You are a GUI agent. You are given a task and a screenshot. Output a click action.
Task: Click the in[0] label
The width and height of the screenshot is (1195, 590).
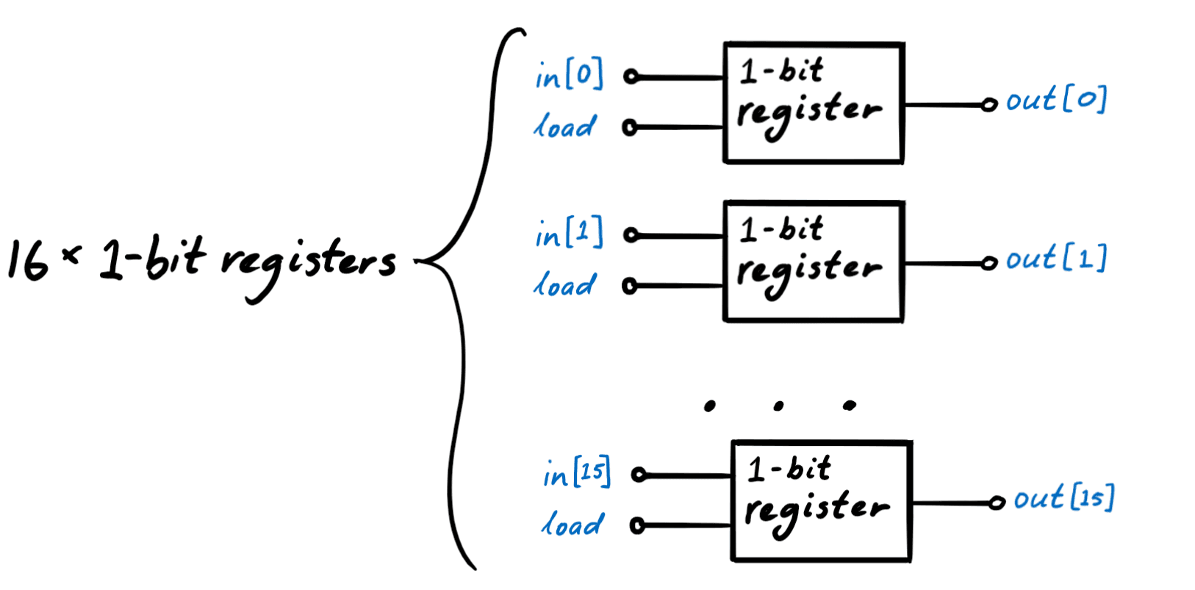tap(569, 75)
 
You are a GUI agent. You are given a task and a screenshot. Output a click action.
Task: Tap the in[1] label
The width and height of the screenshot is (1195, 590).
tap(569, 234)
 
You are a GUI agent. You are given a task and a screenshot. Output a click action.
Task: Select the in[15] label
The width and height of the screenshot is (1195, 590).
tap(577, 474)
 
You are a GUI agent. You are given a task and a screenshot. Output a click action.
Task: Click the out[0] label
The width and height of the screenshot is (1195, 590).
tap(1055, 100)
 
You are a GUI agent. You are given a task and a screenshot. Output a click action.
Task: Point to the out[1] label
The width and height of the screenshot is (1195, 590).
tap(1055, 259)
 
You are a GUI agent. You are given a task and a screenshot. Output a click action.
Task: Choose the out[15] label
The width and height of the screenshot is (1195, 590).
tap(1063, 499)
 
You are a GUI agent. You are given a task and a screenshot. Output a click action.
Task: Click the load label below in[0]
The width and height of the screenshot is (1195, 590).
tap(564, 127)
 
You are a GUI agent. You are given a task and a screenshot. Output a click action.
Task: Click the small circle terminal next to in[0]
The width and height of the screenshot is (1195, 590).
tap(631, 76)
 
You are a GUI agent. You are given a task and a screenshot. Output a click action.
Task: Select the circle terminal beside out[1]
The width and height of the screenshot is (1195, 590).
tap(990, 262)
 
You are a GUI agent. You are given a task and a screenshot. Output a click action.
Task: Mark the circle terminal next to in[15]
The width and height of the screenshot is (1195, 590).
tap(639, 475)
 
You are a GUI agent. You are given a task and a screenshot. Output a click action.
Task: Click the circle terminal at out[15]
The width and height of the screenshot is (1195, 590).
tap(997, 503)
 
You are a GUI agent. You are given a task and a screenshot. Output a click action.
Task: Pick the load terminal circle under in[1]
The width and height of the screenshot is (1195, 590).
tap(629, 286)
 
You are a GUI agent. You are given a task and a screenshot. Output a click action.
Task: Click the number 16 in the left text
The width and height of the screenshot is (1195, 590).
tap(28, 260)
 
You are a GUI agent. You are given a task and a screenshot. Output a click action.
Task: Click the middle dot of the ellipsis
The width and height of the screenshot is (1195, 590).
tap(778, 406)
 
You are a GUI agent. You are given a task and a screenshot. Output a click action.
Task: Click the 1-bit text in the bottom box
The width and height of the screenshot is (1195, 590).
tap(789, 469)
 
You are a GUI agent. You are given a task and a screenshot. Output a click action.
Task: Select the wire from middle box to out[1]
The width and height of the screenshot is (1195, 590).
tap(944, 263)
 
